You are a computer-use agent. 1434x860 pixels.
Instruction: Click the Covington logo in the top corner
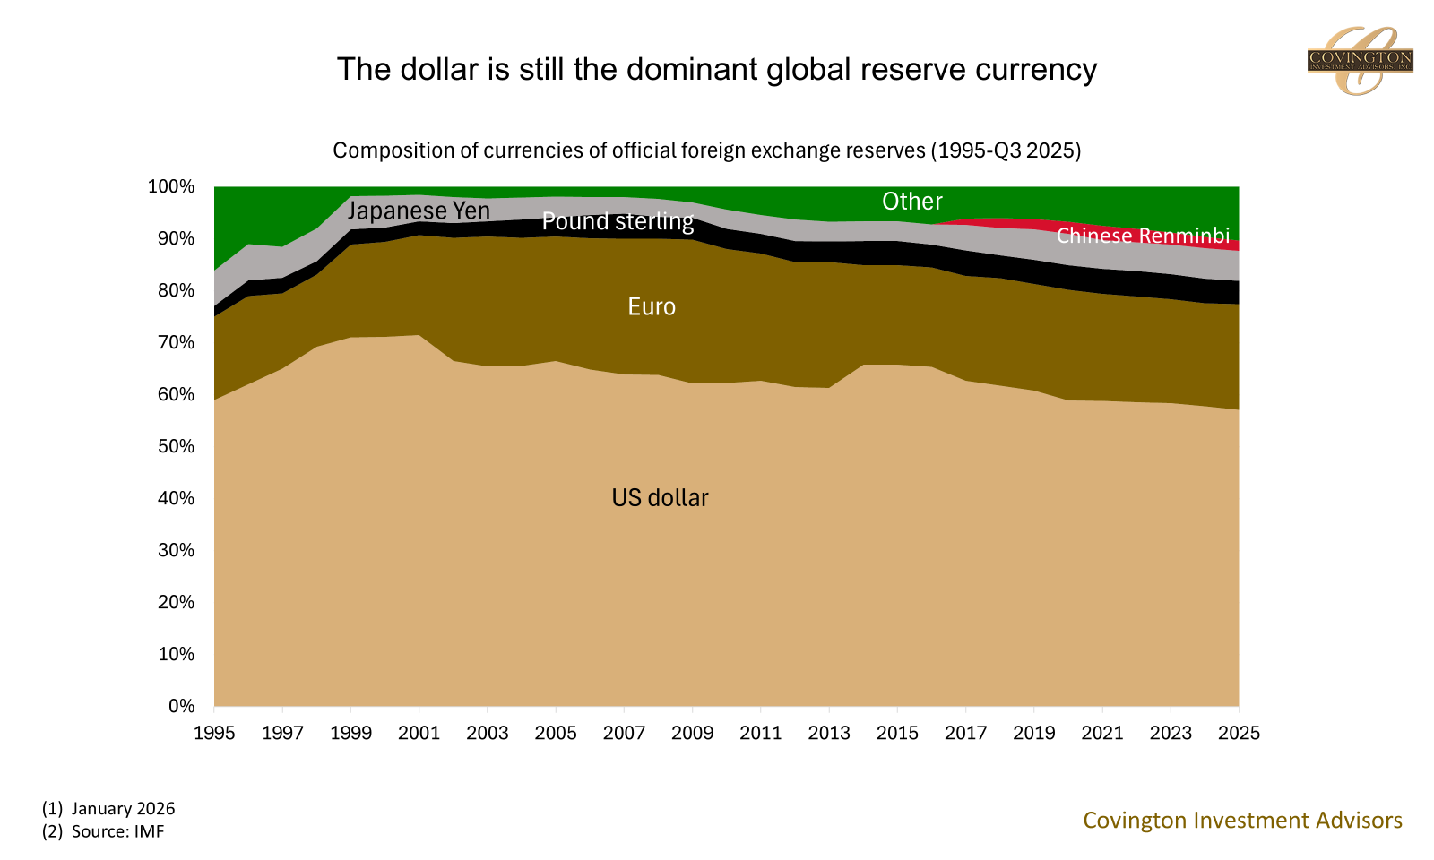pyautogui.click(x=1360, y=61)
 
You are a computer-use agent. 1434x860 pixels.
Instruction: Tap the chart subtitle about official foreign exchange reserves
pyautogui.click(x=706, y=150)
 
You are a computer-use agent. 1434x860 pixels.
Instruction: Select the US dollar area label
pyautogui.click(x=660, y=498)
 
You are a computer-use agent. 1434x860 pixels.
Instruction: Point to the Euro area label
pyautogui.click(x=652, y=307)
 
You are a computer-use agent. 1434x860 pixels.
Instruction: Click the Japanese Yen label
pyautogui.click(x=419, y=211)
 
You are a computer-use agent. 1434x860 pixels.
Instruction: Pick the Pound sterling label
pyautogui.click(x=618, y=221)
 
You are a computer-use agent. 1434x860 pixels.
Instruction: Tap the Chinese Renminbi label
pyautogui.click(x=1143, y=236)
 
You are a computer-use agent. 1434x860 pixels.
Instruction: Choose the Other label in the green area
pyautogui.click(x=911, y=202)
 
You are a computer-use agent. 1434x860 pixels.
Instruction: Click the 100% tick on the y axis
pyautogui.click(x=171, y=186)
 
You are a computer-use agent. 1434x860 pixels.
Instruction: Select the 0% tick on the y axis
pyautogui.click(x=180, y=706)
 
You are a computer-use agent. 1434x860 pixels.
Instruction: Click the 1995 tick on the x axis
pyautogui.click(x=214, y=733)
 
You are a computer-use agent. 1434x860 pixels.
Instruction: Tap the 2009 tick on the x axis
pyautogui.click(x=692, y=733)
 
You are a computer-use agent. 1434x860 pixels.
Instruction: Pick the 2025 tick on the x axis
pyautogui.click(x=1239, y=733)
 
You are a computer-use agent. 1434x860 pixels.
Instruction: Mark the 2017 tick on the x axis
pyautogui.click(x=965, y=733)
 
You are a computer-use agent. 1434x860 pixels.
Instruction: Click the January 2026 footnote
pyautogui.click(x=123, y=808)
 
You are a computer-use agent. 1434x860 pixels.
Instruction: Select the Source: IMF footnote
pyautogui.click(x=117, y=831)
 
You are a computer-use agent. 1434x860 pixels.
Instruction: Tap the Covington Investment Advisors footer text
pyautogui.click(x=1242, y=820)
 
